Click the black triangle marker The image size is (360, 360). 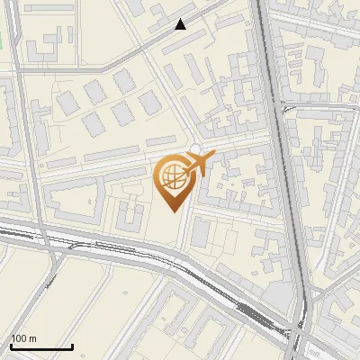(x=181, y=24)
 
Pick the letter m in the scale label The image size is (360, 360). (x=34, y=338)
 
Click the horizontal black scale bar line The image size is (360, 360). (x=40, y=346)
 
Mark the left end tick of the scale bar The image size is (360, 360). (x=10, y=345)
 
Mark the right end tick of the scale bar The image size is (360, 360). (x=72, y=345)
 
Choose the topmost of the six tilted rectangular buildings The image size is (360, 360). (x=124, y=81)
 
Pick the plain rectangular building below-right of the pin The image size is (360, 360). (x=200, y=234)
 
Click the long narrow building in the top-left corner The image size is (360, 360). (x=25, y=17)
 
